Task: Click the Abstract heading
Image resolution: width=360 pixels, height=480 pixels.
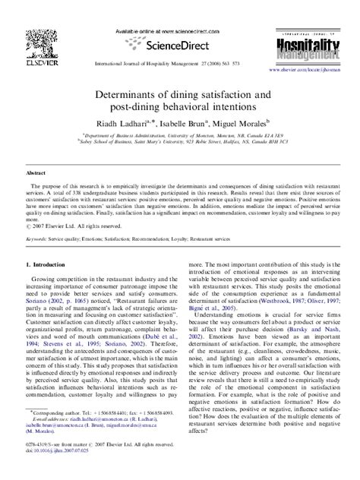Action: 36,172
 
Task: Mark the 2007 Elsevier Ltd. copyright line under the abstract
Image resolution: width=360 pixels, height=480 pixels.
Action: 76,226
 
